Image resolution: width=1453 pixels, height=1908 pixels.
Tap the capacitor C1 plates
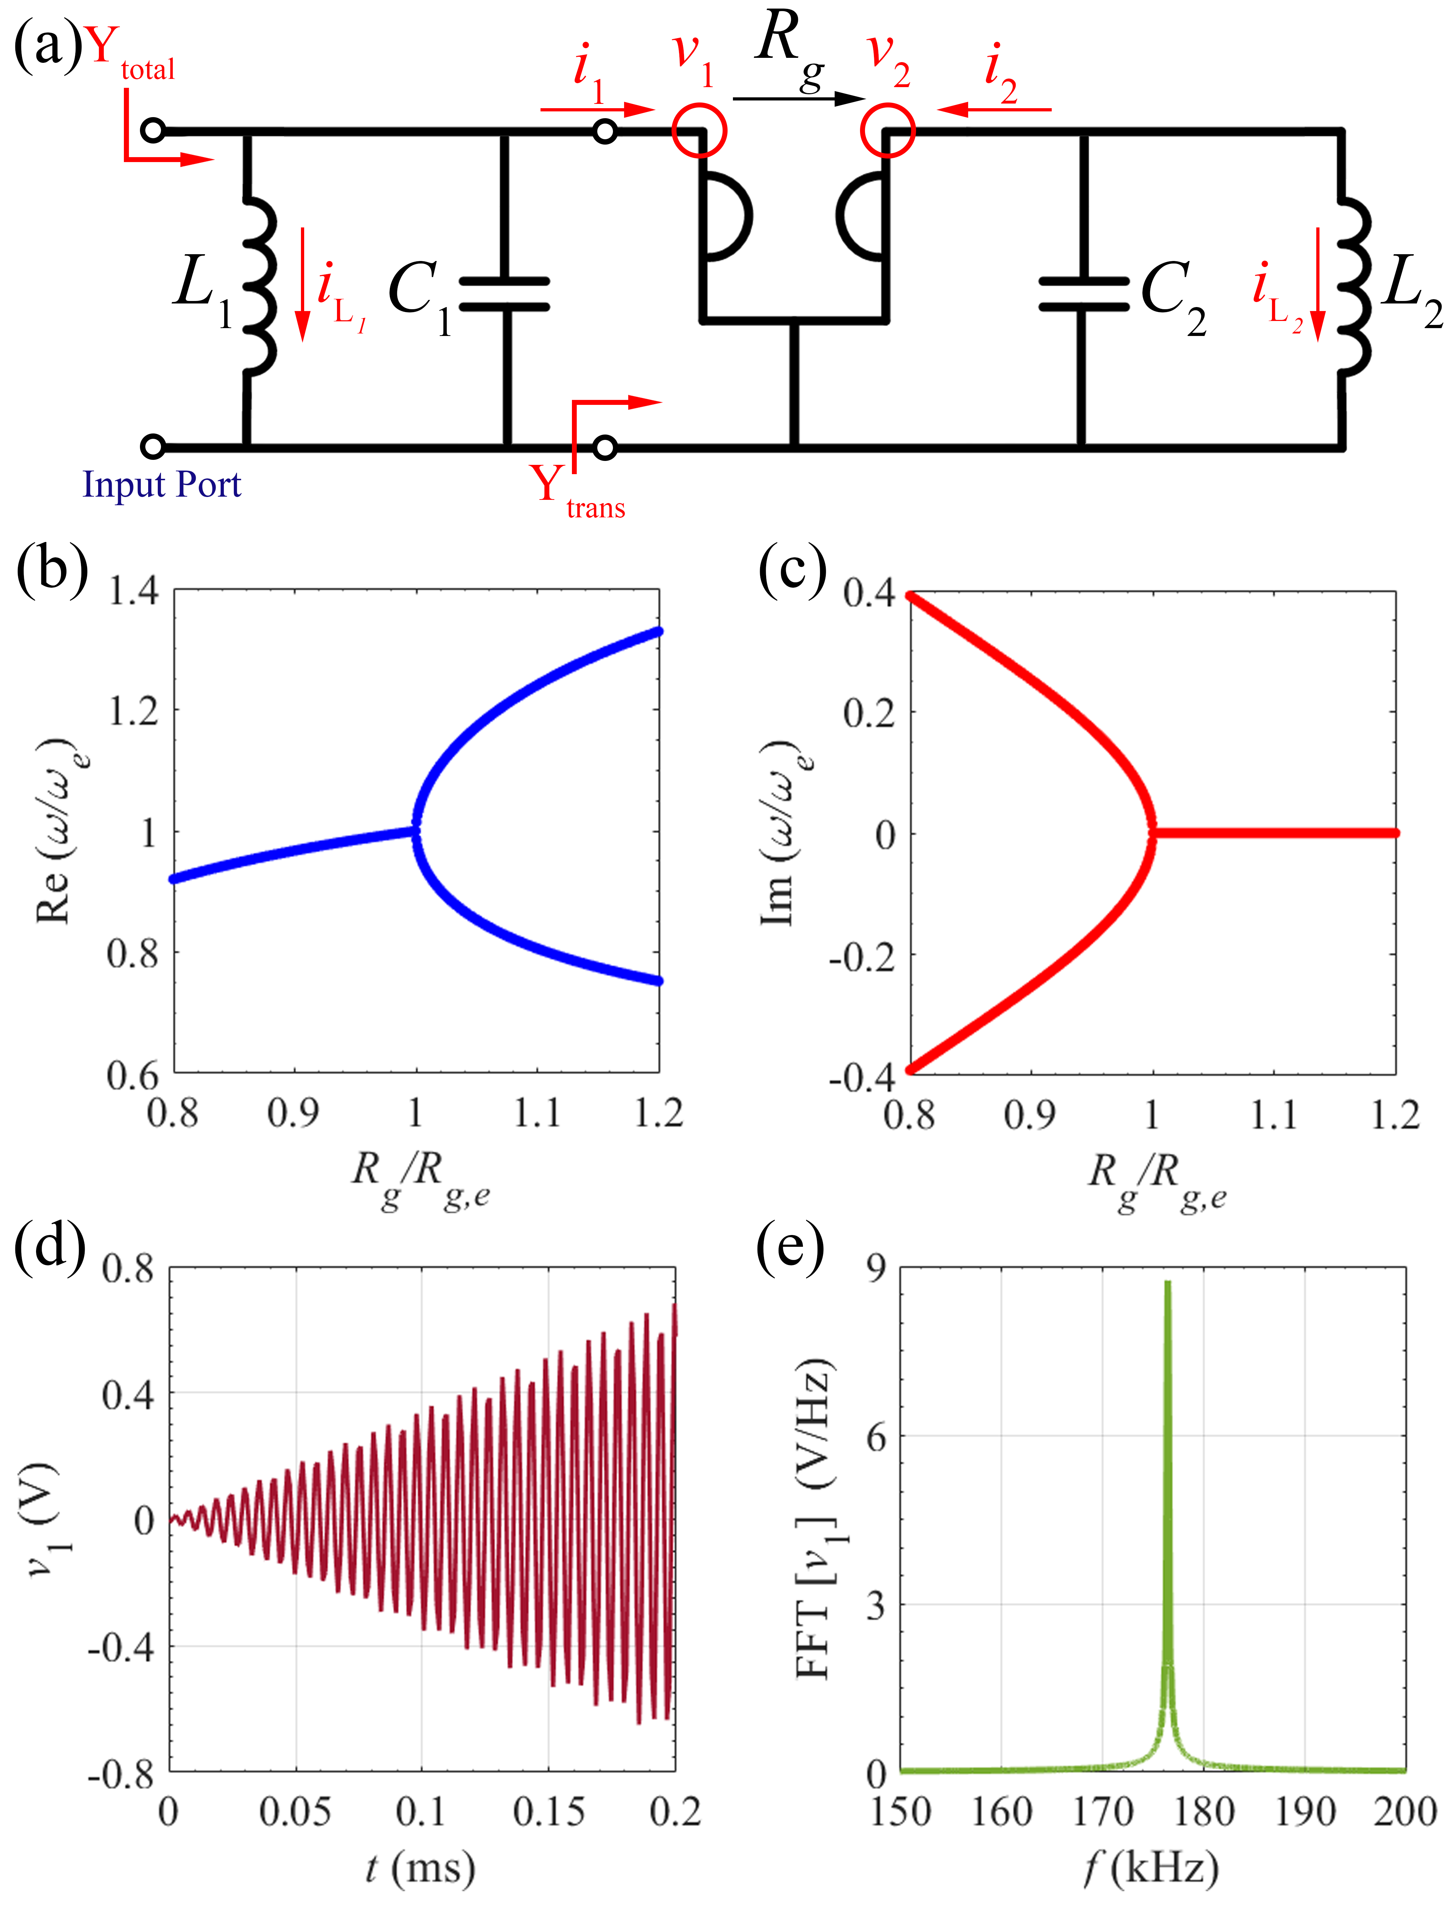[504, 294]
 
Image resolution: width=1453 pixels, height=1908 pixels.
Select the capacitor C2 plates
[1083, 294]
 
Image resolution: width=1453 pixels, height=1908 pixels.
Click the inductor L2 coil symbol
[1353, 285]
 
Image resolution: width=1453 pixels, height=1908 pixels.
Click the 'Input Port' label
[162, 484]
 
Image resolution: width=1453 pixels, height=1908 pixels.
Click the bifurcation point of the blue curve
[416, 830]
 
